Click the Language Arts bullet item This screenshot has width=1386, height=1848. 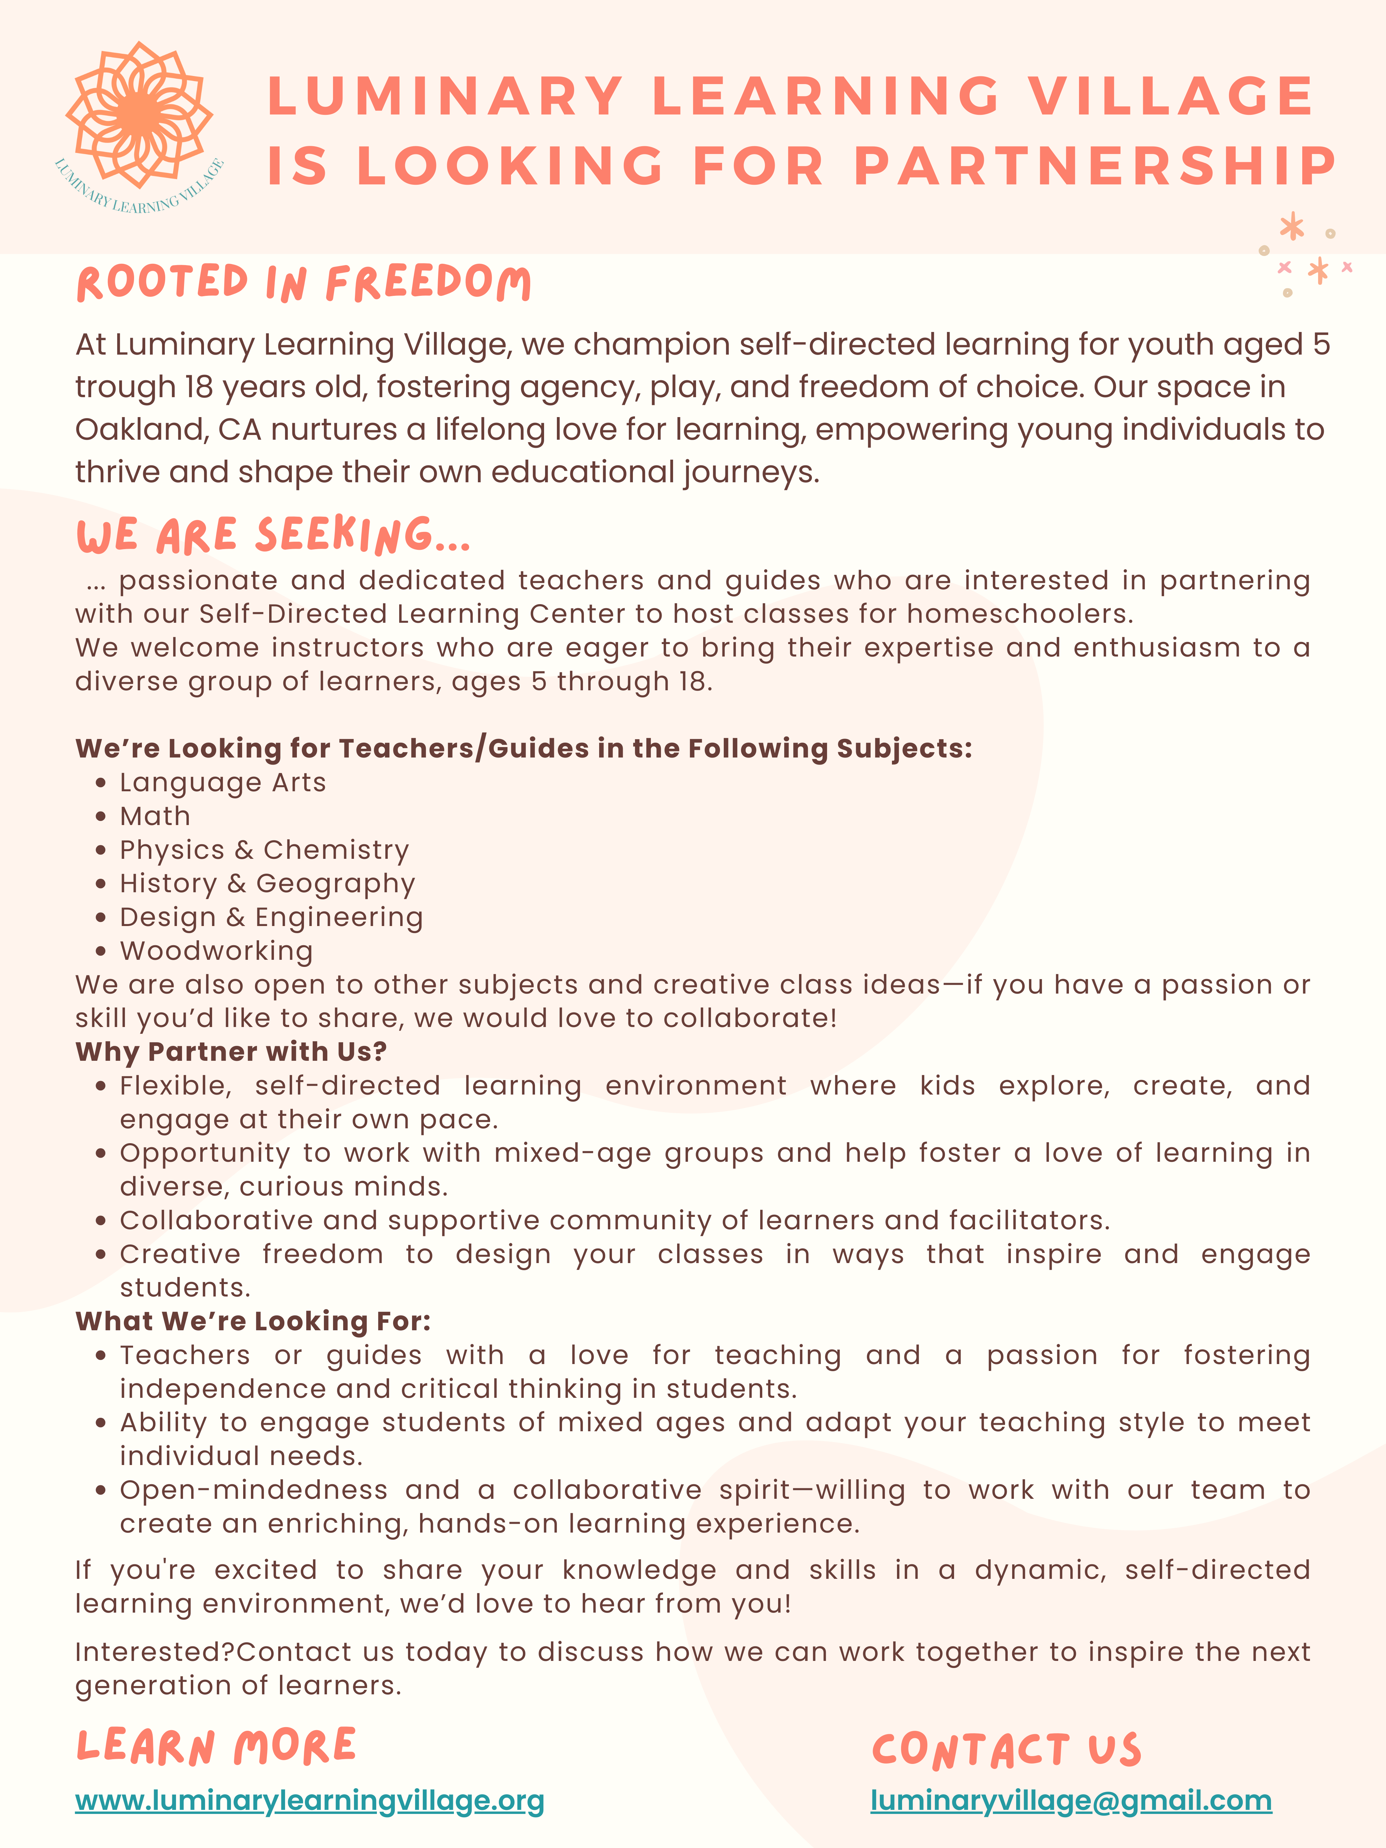click(x=222, y=783)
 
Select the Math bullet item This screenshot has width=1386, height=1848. click(x=155, y=816)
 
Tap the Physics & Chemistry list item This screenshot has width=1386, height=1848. click(x=264, y=850)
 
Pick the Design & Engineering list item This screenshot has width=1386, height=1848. click(x=271, y=917)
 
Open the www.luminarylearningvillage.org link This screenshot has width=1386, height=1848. click(x=309, y=1800)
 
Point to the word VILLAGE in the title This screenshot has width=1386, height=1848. click(x=1171, y=96)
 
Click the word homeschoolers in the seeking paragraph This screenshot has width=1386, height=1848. click(x=1019, y=614)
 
